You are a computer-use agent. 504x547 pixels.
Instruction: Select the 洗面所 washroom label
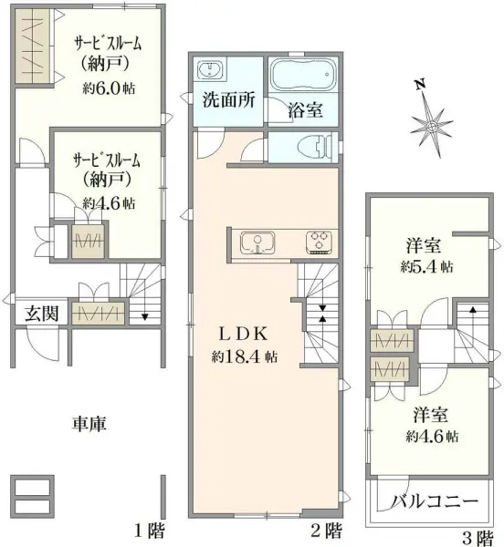[227, 100]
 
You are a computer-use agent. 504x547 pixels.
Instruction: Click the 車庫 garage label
[89, 423]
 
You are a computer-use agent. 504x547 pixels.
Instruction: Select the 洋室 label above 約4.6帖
[426, 413]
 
